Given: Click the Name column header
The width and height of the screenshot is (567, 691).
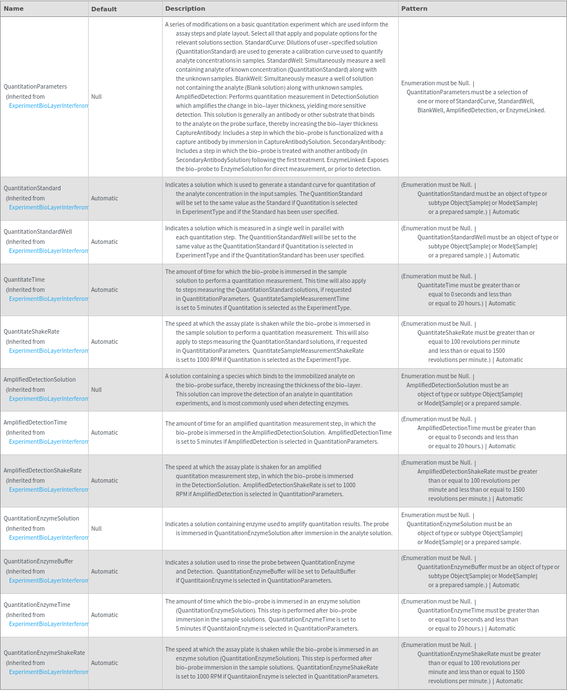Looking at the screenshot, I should coord(14,8).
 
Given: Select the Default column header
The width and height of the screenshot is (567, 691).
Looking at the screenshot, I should coord(104,9).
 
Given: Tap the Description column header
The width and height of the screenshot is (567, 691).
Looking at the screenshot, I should coord(185,8).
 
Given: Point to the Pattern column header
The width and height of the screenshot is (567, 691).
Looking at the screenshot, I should coord(414,8).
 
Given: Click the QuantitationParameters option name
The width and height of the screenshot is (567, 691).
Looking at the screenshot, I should coord(35,86).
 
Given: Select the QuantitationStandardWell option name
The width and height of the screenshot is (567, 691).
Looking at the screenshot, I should coord(38,231).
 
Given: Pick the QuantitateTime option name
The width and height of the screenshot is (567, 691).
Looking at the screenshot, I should coord(24,279).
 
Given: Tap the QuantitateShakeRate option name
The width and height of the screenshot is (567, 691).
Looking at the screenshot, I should coord(31,331).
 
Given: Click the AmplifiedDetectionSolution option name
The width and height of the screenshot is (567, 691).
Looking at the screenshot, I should coord(40,379).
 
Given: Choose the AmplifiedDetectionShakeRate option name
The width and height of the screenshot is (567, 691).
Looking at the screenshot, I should coord(42,470).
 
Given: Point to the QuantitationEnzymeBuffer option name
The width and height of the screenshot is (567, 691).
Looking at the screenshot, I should coord(38,561).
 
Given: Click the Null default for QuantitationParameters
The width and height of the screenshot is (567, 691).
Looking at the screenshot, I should coord(97,97).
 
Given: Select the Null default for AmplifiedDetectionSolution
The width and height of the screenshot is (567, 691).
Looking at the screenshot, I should coord(97,390).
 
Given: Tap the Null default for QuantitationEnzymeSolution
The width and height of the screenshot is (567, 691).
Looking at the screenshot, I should coord(97,528).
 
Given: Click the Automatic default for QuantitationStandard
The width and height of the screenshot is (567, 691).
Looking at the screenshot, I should coord(104,198).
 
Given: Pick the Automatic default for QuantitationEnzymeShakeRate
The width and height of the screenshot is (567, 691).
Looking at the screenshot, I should coord(104,663).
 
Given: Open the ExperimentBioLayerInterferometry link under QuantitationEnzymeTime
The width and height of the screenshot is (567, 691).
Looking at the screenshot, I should coord(49,624).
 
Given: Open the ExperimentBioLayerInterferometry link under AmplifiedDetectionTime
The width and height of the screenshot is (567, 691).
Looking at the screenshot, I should coord(49,441).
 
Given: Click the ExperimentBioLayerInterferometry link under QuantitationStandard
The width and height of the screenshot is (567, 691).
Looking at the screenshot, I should coord(49,207).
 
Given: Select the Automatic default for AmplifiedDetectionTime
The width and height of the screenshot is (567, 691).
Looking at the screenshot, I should coord(104,432).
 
